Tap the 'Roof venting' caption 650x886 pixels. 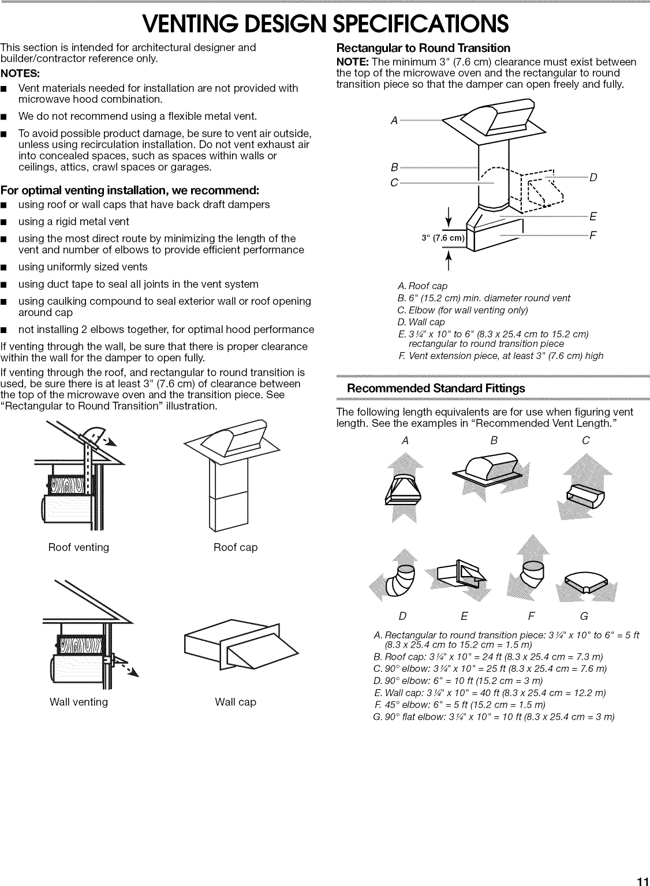pos(79,547)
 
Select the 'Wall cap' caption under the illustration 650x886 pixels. pos(236,702)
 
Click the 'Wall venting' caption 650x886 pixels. pos(79,702)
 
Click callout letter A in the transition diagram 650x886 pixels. pos(394,121)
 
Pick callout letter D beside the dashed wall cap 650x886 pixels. pos(592,177)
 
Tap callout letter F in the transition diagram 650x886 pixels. pos(592,236)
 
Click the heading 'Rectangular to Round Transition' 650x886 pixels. pos(423,48)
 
